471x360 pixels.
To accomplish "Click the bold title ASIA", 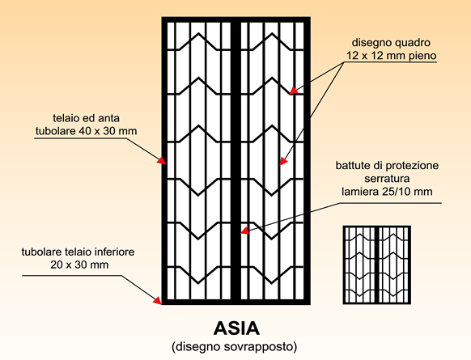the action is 236,328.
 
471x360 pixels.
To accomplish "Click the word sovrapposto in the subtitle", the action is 258,346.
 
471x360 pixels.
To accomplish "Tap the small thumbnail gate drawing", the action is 376,265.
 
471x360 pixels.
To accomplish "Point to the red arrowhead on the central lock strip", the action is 245,231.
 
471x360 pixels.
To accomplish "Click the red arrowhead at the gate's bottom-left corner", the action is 157,299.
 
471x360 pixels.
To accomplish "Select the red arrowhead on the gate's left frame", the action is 162,161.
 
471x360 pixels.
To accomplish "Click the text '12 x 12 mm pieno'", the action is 391,56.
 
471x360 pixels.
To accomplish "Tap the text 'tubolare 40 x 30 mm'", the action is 87,131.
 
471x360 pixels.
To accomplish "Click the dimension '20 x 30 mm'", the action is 79,265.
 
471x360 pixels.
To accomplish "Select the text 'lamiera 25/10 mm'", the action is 387,192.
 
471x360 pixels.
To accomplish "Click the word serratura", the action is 387,179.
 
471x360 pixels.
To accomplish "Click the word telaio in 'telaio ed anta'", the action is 66,118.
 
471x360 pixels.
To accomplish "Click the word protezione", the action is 412,166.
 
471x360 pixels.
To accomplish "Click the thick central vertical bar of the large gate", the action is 235,161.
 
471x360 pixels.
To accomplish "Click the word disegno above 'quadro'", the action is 371,43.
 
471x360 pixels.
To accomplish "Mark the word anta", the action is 108,118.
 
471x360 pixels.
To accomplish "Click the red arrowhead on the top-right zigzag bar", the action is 294,91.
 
